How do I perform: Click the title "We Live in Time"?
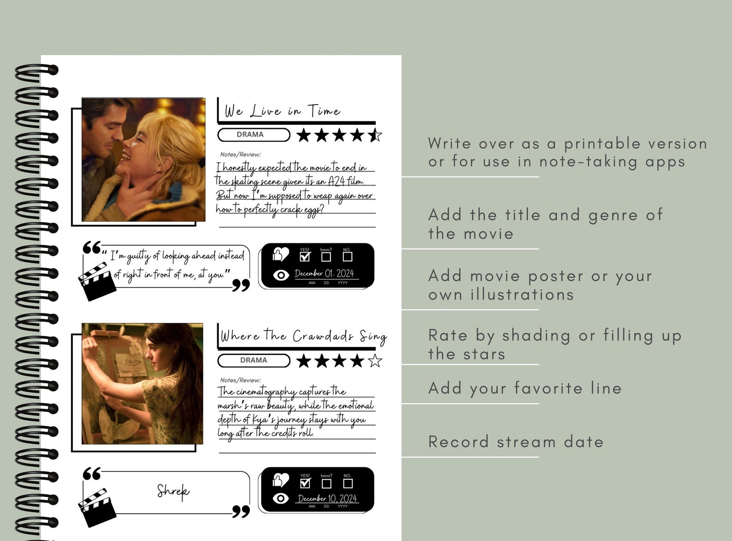click(282, 111)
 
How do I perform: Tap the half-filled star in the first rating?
click(375, 135)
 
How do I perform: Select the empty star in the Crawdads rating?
click(375, 361)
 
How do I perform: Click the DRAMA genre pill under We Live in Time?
click(254, 135)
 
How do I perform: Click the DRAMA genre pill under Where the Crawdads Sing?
click(254, 360)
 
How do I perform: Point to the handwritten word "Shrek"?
click(173, 491)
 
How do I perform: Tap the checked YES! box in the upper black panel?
click(305, 256)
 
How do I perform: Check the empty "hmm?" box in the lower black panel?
click(326, 483)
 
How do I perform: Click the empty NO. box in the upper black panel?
click(348, 256)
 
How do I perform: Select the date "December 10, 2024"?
click(327, 499)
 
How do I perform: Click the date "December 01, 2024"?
click(324, 273)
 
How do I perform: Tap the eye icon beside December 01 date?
click(281, 275)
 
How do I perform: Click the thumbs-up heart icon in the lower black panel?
click(280, 480)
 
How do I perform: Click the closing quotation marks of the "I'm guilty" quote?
click(241, 285)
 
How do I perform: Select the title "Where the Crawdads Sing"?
click(303, 336)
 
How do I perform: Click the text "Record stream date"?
click(515, 442)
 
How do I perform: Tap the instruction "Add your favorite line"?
click(525, 388)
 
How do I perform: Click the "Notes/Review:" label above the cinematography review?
click(240, 380)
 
